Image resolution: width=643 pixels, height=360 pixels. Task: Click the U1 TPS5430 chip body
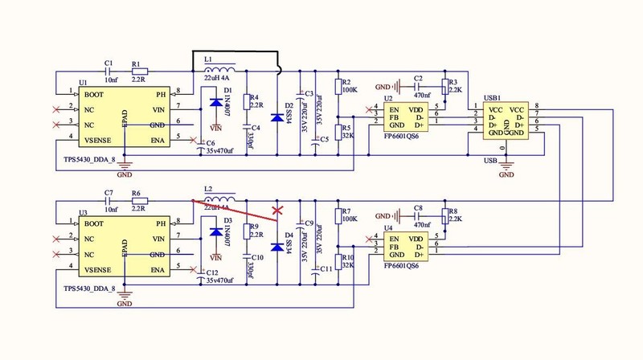(x=125, y=117)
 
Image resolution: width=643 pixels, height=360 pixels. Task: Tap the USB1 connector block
(x=506, y=121)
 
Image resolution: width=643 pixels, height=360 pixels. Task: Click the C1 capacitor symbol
(x=108, y=72)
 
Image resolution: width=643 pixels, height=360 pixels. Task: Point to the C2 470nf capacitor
(x=416, y=86)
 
